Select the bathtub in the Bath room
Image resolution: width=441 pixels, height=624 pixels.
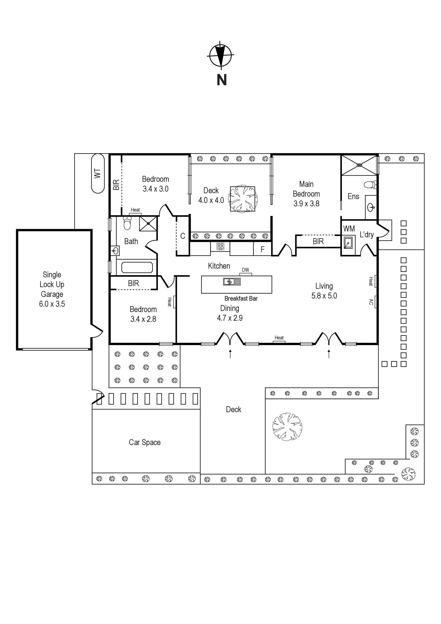(x=137, y=267)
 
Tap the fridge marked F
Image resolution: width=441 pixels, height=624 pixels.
(x=262, y=250)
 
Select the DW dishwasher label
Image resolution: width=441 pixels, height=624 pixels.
(x=245, y=270)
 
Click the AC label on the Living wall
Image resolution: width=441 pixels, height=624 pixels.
(x=371, y=302)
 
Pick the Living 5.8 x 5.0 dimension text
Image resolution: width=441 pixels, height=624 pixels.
(x=324, y=296)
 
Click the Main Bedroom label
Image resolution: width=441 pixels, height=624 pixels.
(x=306, y=189)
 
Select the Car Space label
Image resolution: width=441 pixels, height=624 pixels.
(x=145, y=442)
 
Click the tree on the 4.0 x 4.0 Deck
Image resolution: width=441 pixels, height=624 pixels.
(x=243, y=199)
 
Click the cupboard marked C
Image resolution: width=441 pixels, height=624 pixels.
(x=183, y=236)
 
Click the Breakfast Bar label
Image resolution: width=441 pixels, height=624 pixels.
(x=241, y=298)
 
